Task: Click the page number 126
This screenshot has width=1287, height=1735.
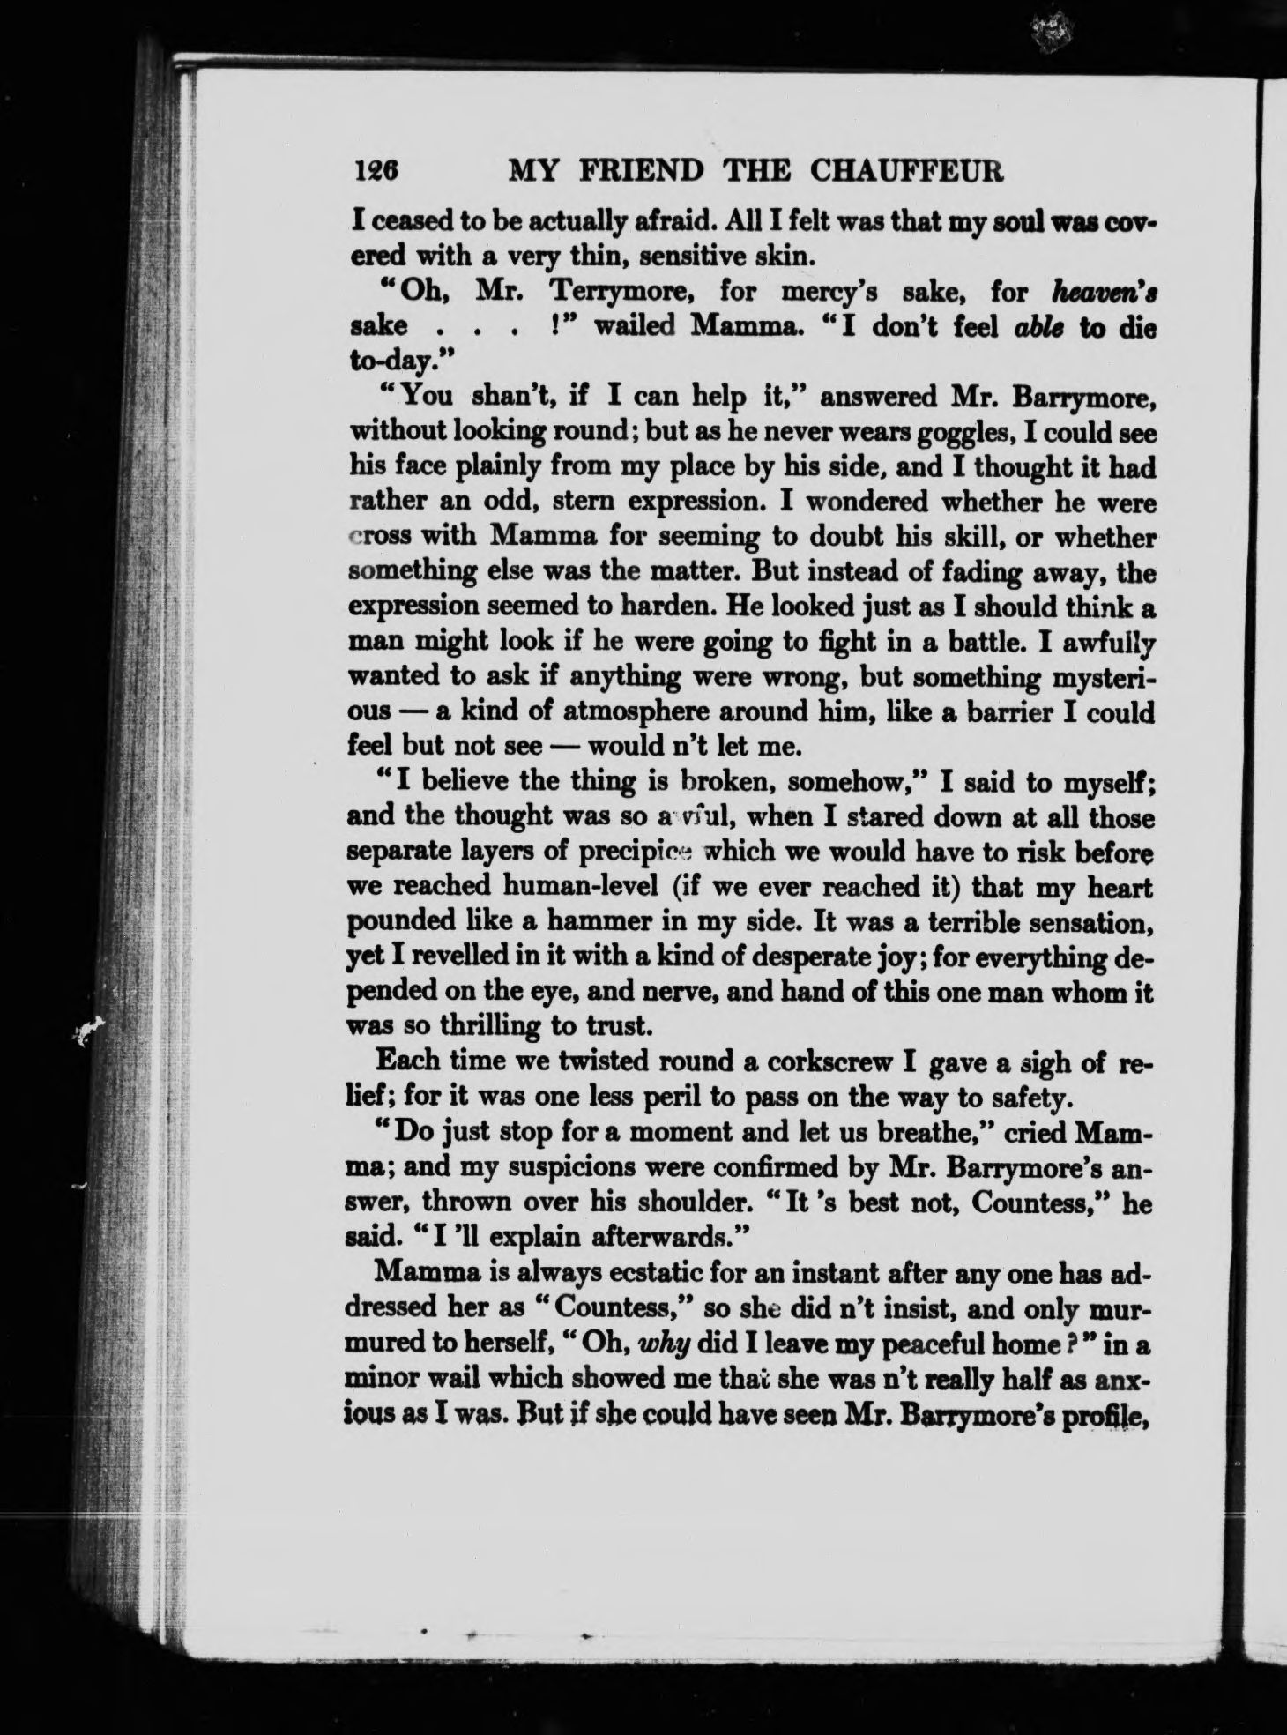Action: pos(376,170)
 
